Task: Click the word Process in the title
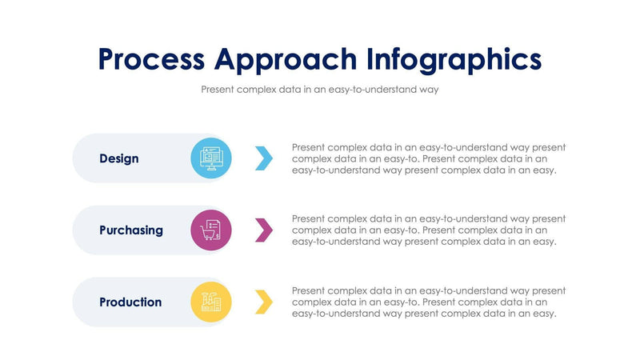pos(151,59)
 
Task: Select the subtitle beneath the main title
pos(320,90)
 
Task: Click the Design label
pos(119,158)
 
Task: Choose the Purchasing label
pos(131,230)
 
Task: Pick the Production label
pos(130,302)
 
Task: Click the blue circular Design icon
pos(211,158)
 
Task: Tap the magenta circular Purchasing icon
pos(211,230)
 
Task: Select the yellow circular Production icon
pos(211,302)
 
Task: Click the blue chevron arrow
pos(264,158)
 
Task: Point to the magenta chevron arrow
pos(264,230)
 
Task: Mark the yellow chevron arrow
pos(264,302)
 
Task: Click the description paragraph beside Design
pos(429,158)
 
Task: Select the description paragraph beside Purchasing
pos(429,230)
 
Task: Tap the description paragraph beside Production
pos(429,302)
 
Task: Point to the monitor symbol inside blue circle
pos(211,157)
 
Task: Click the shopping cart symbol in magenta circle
pos(209,233)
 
